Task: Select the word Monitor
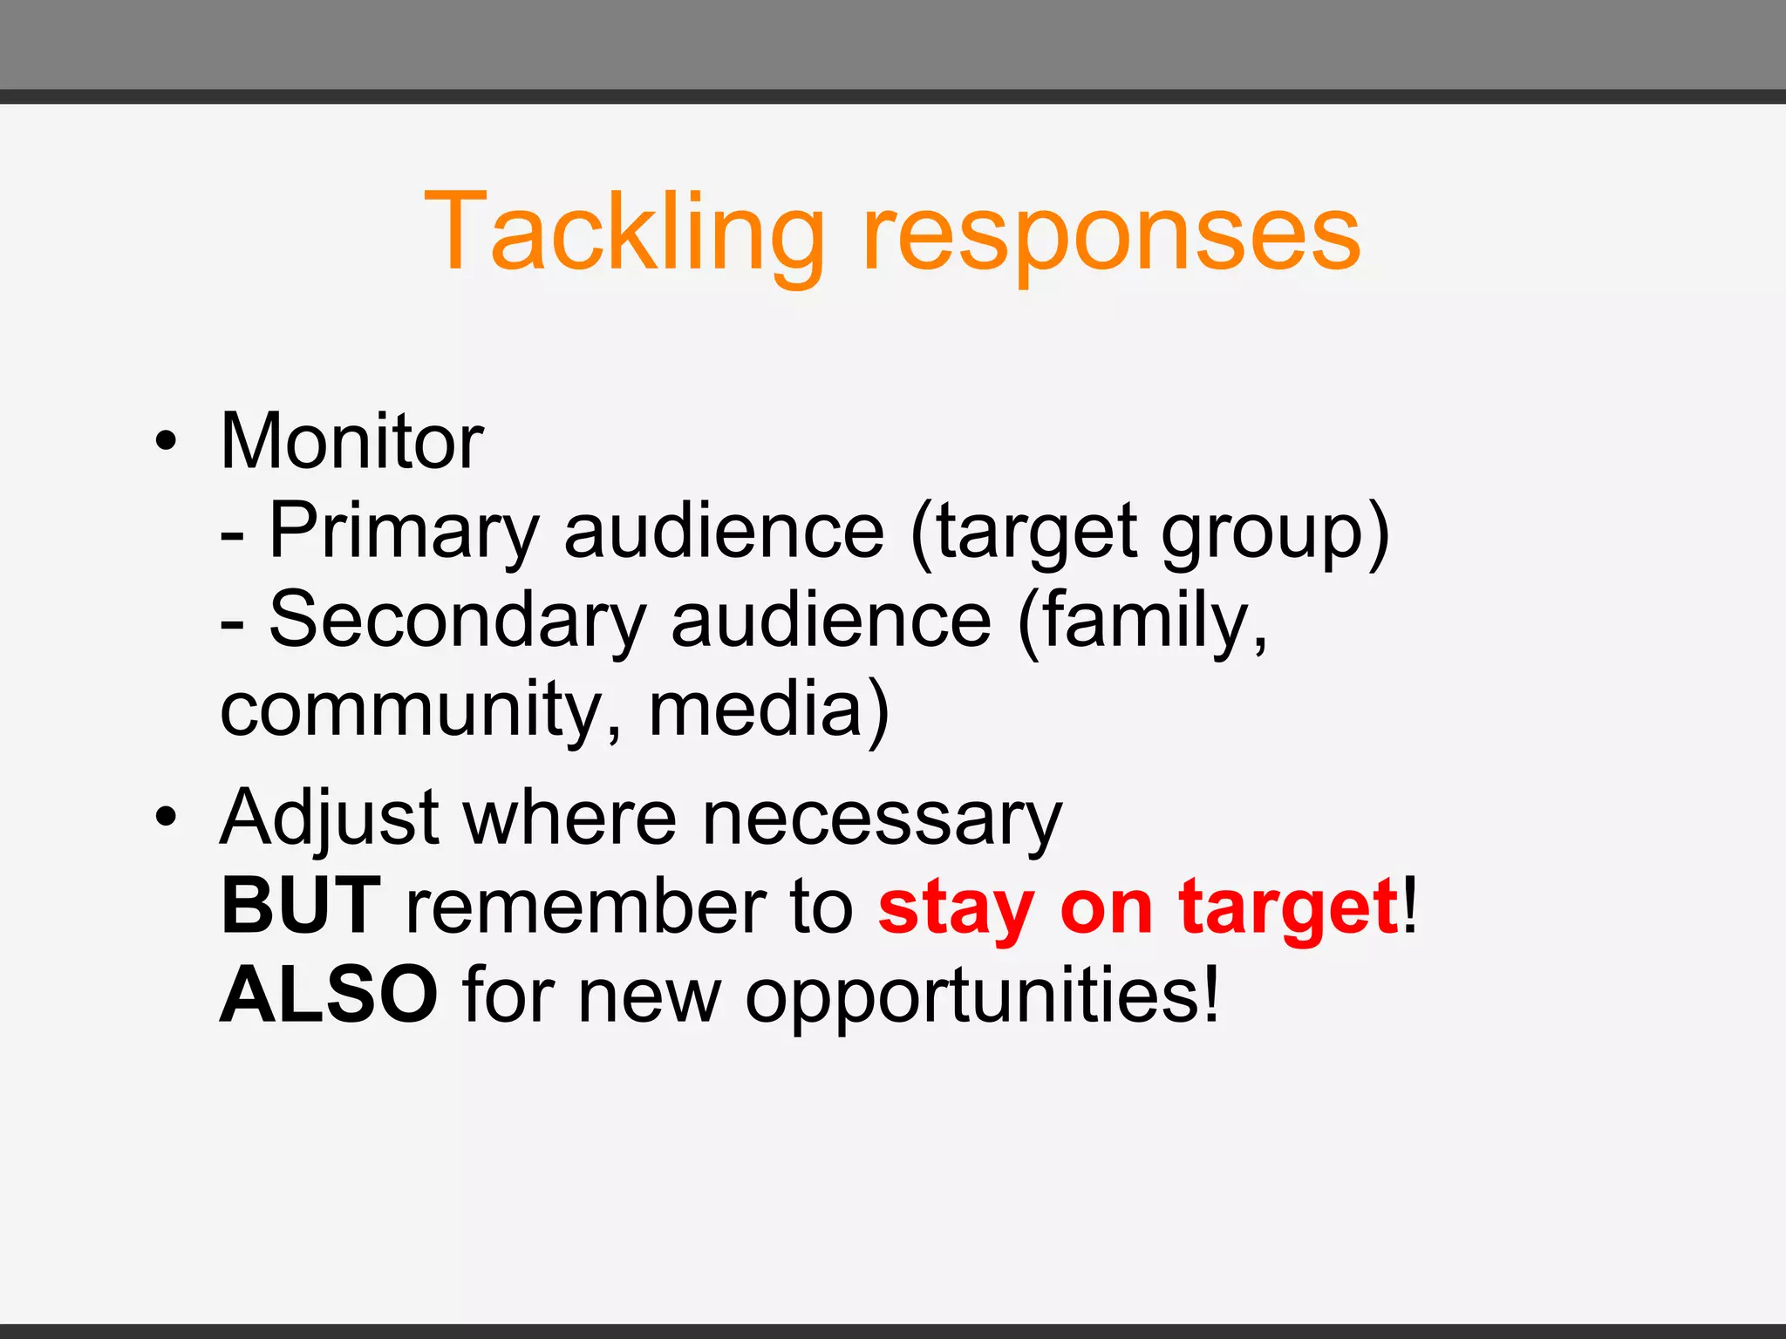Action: [351, 441]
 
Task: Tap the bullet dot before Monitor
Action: [166, 441]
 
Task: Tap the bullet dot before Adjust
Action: [166, 819]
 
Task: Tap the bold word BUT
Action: [301, 907]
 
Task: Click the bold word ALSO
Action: [328, 995]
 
